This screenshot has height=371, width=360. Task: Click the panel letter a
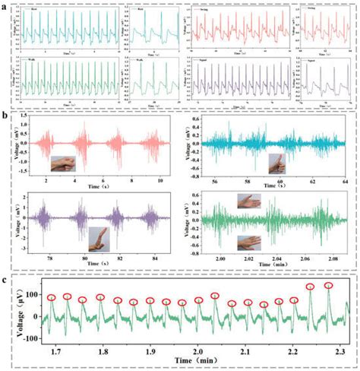click(x=6, y=5)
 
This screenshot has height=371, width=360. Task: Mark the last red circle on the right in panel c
click(x=329, y=286)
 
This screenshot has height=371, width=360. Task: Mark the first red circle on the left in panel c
click(x=52, y=297)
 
